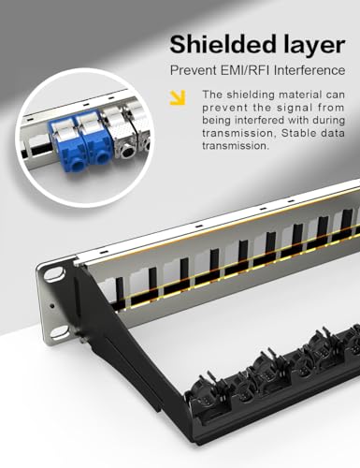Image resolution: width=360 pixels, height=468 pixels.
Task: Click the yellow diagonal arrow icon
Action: [175, 96]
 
